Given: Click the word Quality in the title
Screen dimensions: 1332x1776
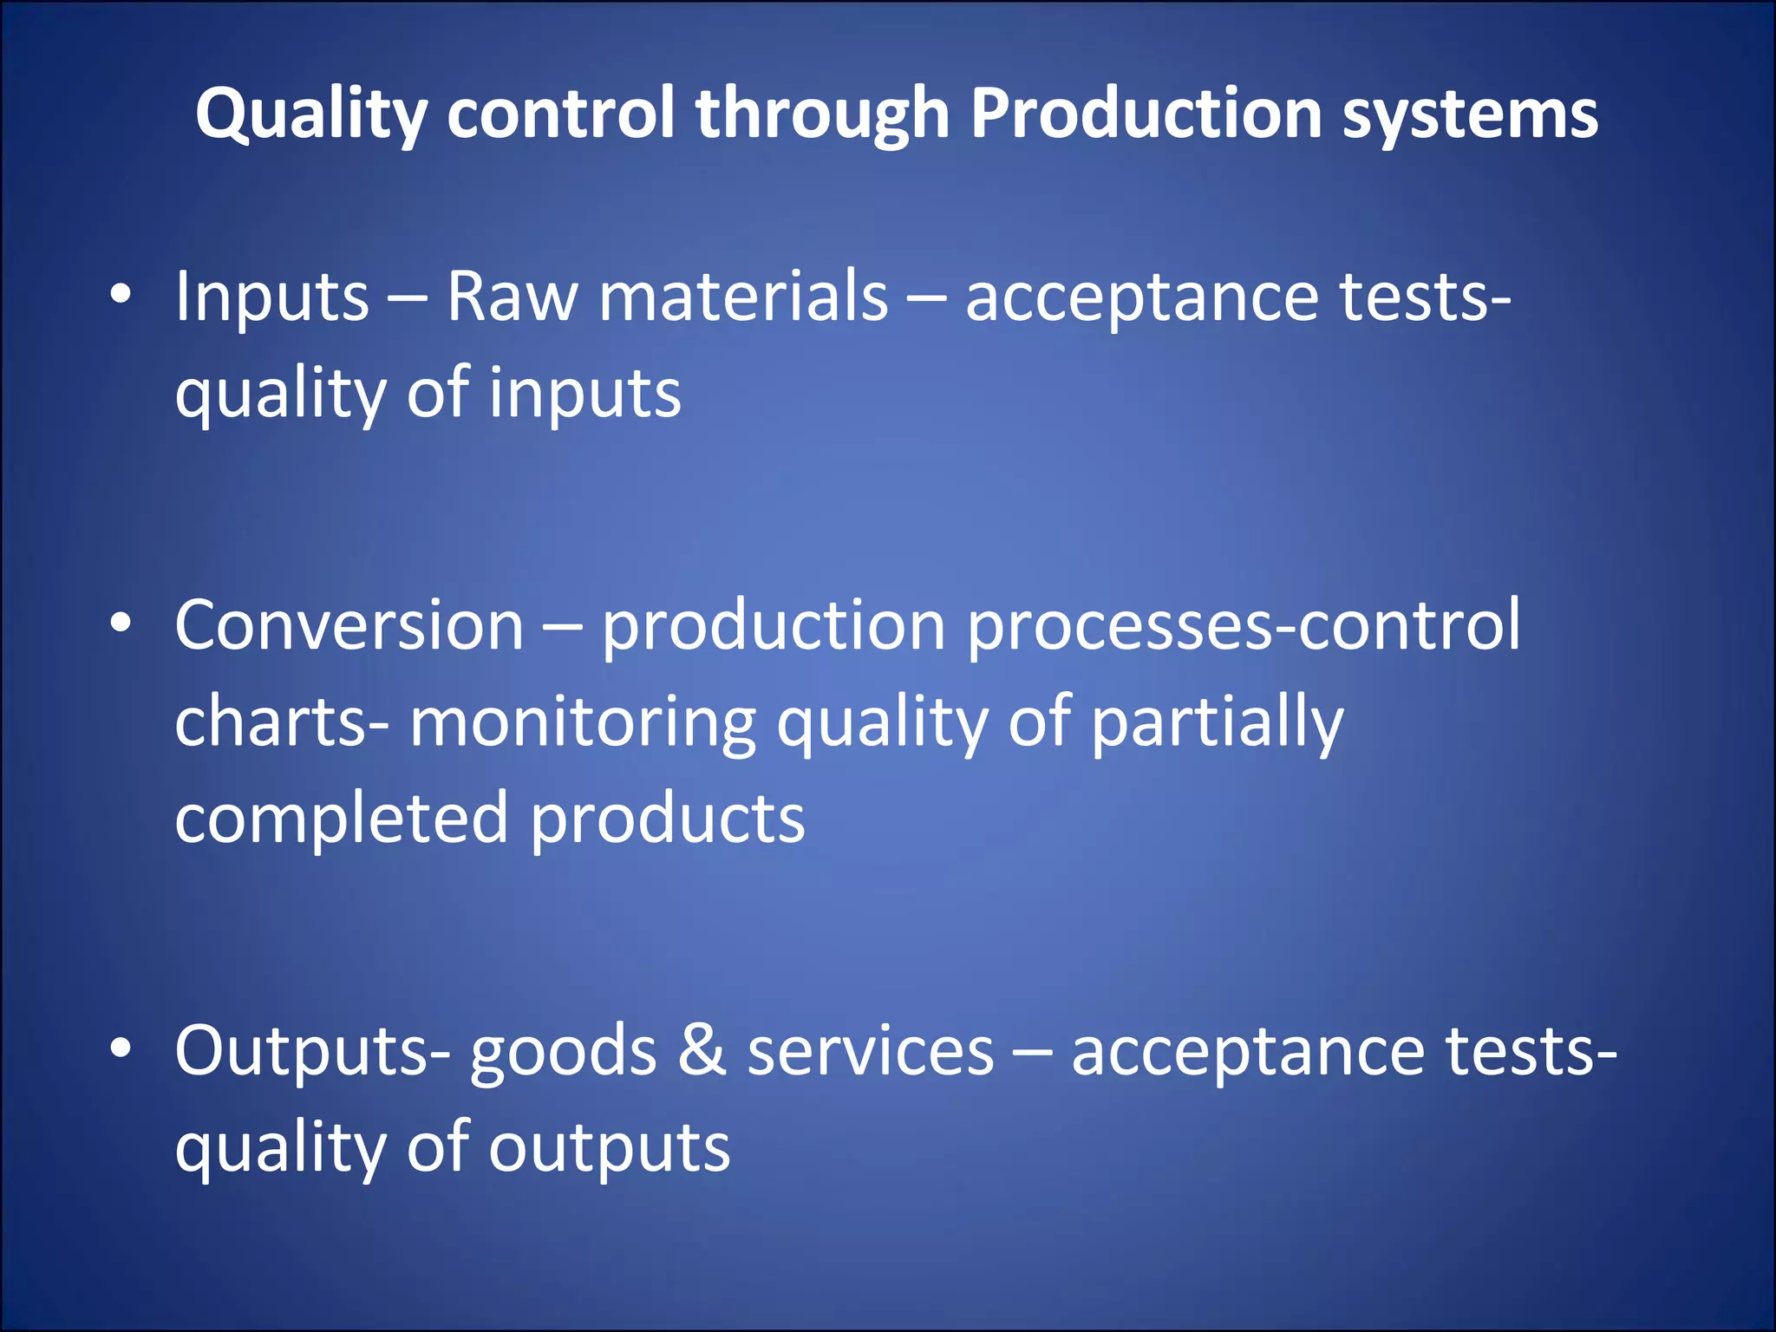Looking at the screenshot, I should pos(310,114).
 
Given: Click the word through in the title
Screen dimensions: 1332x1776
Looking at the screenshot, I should pos(822,114).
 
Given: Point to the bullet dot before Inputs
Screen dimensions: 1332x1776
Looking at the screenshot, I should pos(121,295).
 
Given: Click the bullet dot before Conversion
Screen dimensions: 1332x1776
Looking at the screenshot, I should pos(121,623).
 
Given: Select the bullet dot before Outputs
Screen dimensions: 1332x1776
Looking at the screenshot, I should pos(121,1048).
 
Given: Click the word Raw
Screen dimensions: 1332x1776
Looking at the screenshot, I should pos(512,297).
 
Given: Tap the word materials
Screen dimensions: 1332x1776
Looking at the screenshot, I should pos(743,297).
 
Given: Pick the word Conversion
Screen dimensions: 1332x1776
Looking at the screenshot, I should pos(349,625).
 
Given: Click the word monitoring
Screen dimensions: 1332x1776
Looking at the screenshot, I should pos(583,722).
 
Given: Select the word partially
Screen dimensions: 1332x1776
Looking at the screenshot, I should pos(1217,724).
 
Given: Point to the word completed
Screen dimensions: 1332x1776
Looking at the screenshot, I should pos(341,819).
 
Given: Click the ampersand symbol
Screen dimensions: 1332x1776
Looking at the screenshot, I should pos(702,1050).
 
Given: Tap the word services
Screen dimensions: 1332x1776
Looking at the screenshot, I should pos(870,1052).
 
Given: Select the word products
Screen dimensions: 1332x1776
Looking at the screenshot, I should pos(667,819).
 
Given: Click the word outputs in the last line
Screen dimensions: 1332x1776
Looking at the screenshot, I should pos(609,1149).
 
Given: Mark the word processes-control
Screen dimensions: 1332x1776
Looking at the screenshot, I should pos(1243,627).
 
